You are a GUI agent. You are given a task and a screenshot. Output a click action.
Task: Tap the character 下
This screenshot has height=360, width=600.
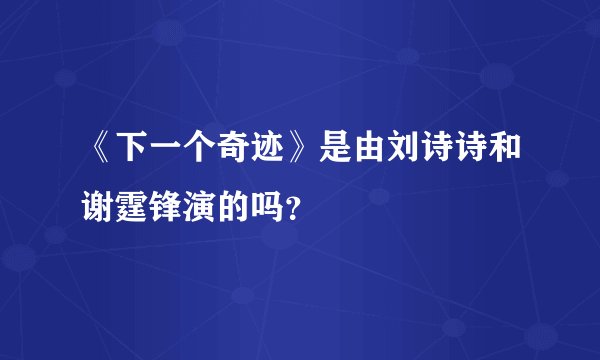(x=137, y=154)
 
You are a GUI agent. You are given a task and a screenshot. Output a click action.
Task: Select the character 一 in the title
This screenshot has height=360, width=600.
(x=173, y=154)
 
